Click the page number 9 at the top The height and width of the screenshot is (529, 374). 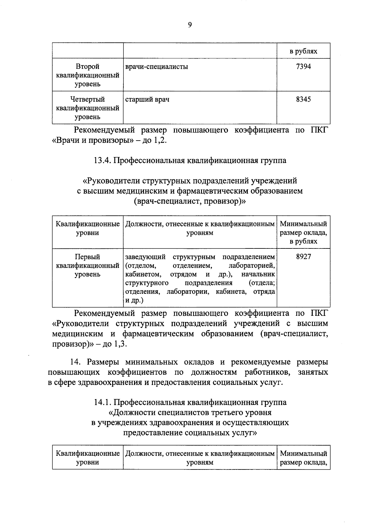pos(189,25)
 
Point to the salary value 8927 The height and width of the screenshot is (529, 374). pos(303,257)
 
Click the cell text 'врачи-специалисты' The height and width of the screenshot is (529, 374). pos(156,66)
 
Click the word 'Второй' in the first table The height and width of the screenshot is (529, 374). pos(88,66)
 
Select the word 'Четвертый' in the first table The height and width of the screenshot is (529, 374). pos(88,99)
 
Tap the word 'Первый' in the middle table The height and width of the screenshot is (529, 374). pos(88,257)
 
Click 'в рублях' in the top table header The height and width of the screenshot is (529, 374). pos(303,51)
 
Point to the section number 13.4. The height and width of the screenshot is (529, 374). pos(102,161)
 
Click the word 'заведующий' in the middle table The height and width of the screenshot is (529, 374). pos(145,257)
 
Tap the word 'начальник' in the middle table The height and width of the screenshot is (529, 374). pos(258,274)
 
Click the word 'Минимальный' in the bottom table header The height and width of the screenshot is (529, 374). pos(303,454)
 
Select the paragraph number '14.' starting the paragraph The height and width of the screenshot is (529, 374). pos(76,362)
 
